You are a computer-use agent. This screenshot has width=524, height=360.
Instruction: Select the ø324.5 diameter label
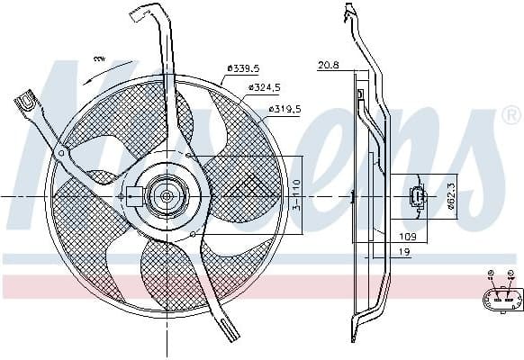pos(262,87)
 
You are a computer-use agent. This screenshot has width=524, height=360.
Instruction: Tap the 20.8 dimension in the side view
pos(329,65)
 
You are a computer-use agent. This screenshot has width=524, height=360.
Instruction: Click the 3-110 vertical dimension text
pos(296,193)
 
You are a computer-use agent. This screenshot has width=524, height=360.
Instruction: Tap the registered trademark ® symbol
pos(510,115)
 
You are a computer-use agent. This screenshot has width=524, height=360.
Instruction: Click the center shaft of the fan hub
pos(166,194)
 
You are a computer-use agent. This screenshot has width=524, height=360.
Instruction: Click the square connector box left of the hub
pos(133,194)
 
